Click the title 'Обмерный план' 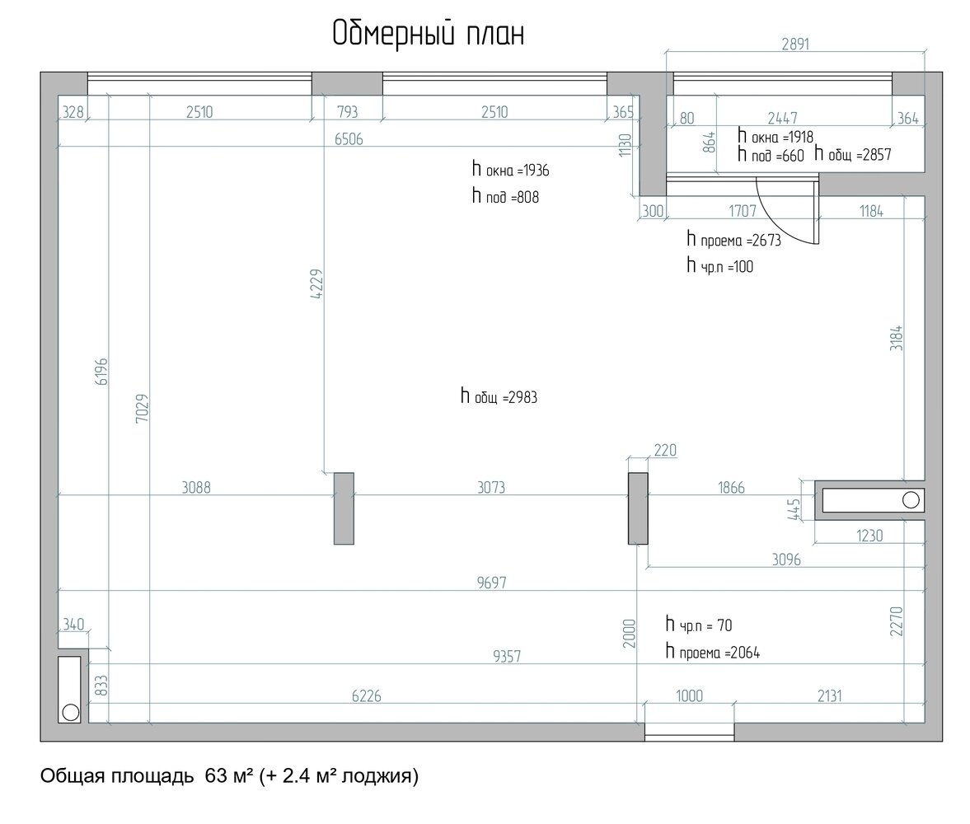coord(428,34)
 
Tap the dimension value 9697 coord(492,583)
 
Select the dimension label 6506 coord(349,139)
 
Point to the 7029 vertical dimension coord(143,408)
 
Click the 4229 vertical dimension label coord(316,284)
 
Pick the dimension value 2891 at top coord(795,44)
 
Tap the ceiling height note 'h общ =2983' coord(499,396)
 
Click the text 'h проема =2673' coord(734,240)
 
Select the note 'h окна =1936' coord(510,170)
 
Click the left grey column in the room coord(344,508)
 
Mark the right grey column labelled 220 coord(638,508)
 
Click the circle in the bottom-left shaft coord(71,713)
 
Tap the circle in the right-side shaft coord(911,500)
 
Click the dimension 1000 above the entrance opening coord(689,696)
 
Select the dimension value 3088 coord(196,488)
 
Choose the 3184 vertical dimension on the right coord(897,339)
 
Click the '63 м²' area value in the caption coord(229,775)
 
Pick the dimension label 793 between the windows coord(348,112)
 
